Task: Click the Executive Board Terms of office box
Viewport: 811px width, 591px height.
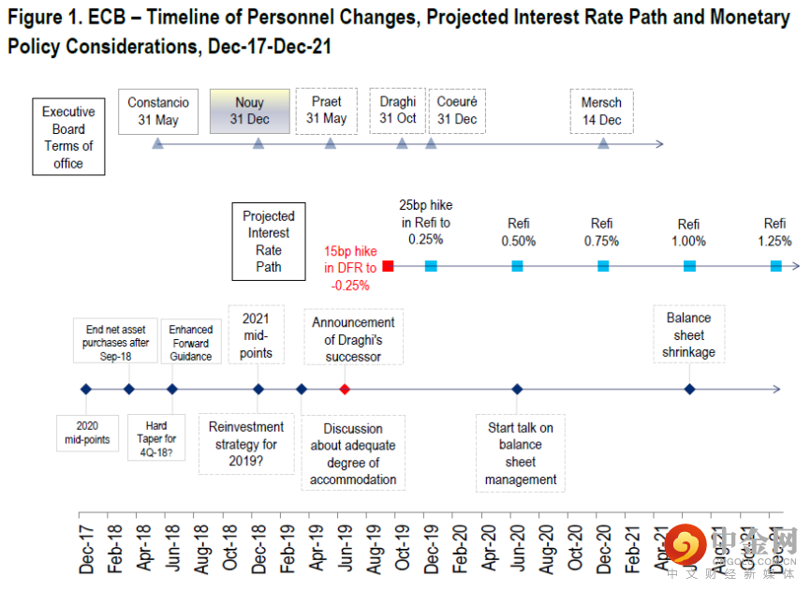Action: pyautogui.click(x=68, y=137)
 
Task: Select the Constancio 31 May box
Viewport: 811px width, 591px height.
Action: pyautogui.click(x=158, y=111)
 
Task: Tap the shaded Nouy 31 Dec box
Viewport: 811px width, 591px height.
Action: pyautogui.click(x=250, y=111)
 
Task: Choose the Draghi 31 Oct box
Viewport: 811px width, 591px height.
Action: pyautogui.click(x=398, y=111)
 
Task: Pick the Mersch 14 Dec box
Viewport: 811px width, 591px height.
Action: pyautogui.click(x=601, y=111)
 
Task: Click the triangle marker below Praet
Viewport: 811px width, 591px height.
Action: pyautogui.click(x=330, y=143)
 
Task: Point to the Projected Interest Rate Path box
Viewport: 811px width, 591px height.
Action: pyautogui.click(x=269, y=242)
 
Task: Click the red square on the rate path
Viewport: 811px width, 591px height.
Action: pyautogui.click(x=389, y=266)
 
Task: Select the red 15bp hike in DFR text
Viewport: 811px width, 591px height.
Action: pyautogui.click(x=350, y=268)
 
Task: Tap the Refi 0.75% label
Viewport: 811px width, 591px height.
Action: pyautogui.click(x=602, y=232)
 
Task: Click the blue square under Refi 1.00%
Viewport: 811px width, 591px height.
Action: pyautogui.click(x=689, y=266)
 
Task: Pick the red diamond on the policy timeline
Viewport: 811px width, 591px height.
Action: pyautogui.click(x=345, y=389)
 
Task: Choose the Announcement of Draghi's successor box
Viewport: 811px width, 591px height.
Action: pyautogui.click(x=354, y=339)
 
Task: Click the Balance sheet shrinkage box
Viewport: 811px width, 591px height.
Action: pyautogui.click(x=688, y=335)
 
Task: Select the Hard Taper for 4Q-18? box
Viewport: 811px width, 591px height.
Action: pyautogui.click(x=156, y=439)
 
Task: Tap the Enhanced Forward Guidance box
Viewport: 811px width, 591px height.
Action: pyautogui.click(x=191, y=343)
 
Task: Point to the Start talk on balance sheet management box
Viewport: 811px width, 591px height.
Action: pyautogui.click(x=521, y=453)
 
